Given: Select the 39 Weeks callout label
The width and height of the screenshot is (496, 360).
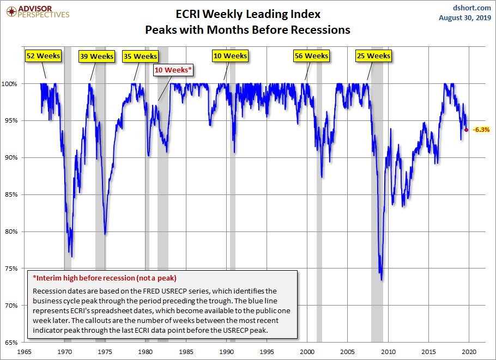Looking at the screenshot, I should point(97,56).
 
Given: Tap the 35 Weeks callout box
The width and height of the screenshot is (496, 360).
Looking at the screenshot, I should point(141,56).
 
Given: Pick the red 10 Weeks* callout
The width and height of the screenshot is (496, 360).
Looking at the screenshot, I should point(174,70).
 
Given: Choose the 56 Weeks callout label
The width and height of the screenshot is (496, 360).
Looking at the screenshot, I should point(311,56).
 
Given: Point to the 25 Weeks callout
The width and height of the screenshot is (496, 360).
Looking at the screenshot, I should point(373,56).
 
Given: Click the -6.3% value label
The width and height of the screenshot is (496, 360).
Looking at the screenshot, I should point(481,130).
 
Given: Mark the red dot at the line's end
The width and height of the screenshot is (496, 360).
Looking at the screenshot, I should point(467,130).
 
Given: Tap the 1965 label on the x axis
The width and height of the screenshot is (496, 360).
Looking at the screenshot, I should point(25,352).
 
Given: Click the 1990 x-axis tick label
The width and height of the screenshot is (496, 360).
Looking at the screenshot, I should point(227,352).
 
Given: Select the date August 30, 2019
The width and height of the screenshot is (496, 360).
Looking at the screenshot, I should point(465,18).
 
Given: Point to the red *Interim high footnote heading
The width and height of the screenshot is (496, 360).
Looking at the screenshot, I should point(105,278).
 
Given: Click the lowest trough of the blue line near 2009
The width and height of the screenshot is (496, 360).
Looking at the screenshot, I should point(381,280).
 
